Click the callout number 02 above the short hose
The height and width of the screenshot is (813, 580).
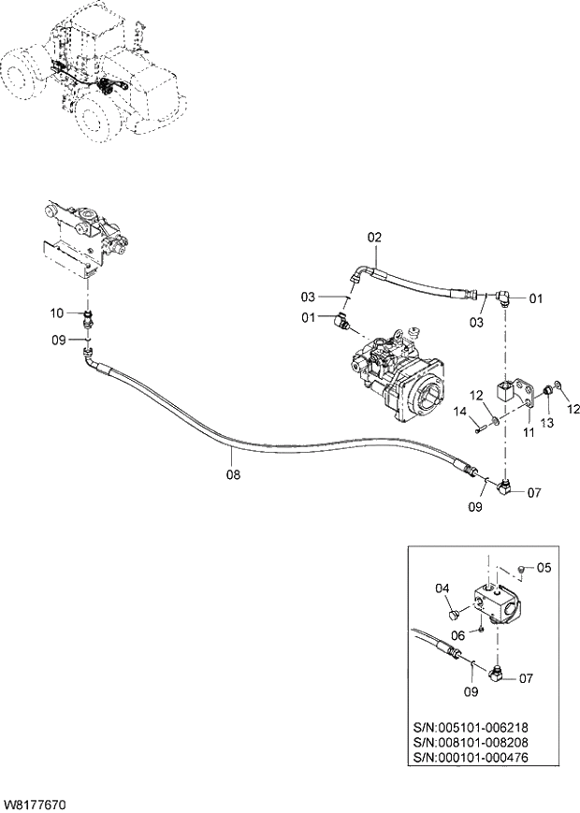click(374, 238)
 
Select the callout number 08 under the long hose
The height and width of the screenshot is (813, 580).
click(233, 474)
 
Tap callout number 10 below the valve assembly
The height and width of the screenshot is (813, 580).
click(56, 312)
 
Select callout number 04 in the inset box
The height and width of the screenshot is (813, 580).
click(442, 588)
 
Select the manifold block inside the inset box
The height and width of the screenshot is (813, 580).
click(495, 602)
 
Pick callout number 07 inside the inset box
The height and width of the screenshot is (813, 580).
click(526, 677)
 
